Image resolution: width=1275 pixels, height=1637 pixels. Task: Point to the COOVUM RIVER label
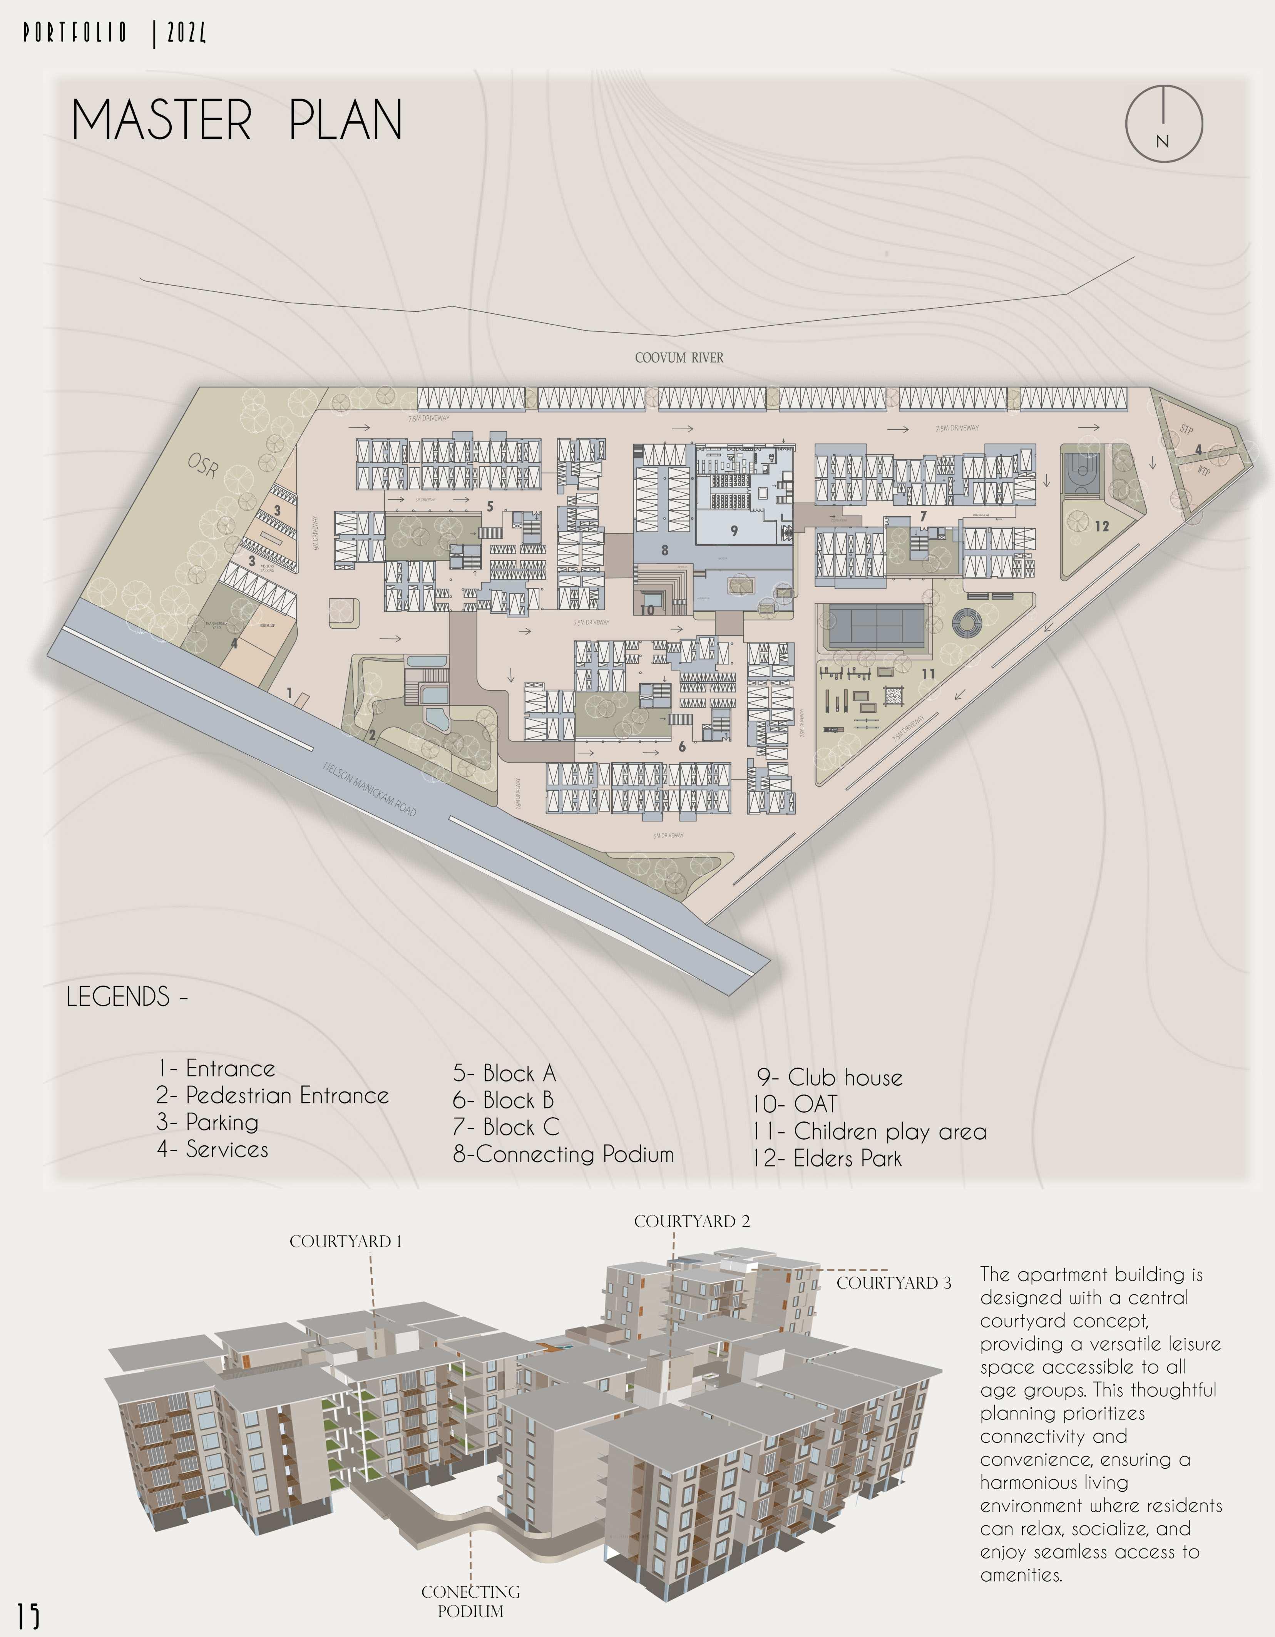click(679, 358)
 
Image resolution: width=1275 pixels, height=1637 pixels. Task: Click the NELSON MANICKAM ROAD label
click(370, 788)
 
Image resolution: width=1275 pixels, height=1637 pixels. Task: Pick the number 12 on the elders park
click(1101, 526)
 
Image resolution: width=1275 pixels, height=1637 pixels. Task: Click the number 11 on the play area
click(928, 674)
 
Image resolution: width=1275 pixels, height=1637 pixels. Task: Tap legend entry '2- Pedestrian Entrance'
click(272, 1096)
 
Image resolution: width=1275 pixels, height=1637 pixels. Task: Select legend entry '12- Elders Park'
click(827, 1159)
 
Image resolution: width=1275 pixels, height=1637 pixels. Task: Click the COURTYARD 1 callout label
click(346, 1241)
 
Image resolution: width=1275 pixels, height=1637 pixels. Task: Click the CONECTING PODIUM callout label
click(471, 1601)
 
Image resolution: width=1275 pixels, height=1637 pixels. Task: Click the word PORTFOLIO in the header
click(75, 33)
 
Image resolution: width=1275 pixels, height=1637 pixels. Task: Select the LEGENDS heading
click(126, 997)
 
